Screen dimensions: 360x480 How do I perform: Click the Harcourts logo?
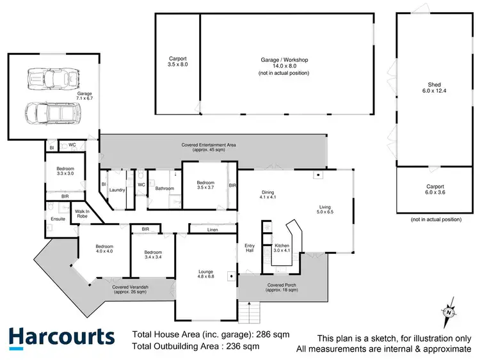62,337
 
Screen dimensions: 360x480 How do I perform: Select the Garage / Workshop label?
284,66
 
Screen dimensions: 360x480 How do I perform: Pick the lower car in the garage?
49,113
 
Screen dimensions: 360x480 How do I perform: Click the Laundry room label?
116,190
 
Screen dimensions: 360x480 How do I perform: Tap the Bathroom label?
164,189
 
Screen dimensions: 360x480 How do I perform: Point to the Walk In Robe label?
83,214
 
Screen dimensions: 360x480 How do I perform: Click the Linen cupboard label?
213,229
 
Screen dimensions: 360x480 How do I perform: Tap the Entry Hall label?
250,247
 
